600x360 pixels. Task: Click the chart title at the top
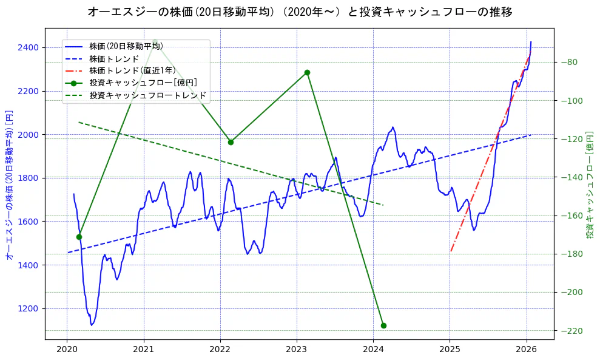tap(300, 12)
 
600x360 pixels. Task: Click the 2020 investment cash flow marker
tap(79, 237)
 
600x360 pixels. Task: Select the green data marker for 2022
tap(231, 142)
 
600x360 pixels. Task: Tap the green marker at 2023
tap(307, 72)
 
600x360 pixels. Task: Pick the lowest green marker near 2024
tap(383, 325)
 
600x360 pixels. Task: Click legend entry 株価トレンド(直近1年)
tap(132, 70)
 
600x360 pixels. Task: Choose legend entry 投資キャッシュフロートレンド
tap(147, 95)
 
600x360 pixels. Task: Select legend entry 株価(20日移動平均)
tap(126, 46)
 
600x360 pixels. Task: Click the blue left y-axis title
tap(9, 185)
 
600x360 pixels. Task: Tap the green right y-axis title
tap(590, 185)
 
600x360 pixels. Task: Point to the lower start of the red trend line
tap(451, 251)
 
